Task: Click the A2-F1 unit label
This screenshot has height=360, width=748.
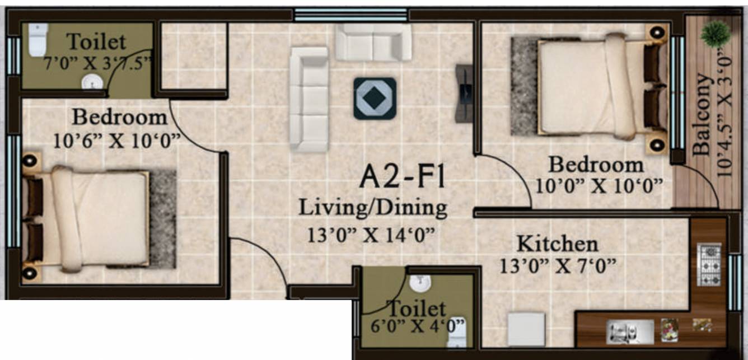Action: (x=402, y=177)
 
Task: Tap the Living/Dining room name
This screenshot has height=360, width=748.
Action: (x=373, y=208)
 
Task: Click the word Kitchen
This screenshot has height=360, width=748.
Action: (x=557, y=244)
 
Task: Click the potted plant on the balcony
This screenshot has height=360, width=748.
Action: (x=715, y=35)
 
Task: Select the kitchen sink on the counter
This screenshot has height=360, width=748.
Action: (x=630, y=331)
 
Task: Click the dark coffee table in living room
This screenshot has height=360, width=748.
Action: (x=375, y=98)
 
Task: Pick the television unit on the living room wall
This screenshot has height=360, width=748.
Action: (x=465, y=93)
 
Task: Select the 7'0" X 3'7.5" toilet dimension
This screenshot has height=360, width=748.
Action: (x=97, y=62)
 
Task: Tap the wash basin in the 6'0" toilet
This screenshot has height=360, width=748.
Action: (x=419, y=283)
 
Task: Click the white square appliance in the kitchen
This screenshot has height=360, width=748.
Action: (x=526, y=329)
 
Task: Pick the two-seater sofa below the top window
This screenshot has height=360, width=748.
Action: (x=373, y=43)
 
